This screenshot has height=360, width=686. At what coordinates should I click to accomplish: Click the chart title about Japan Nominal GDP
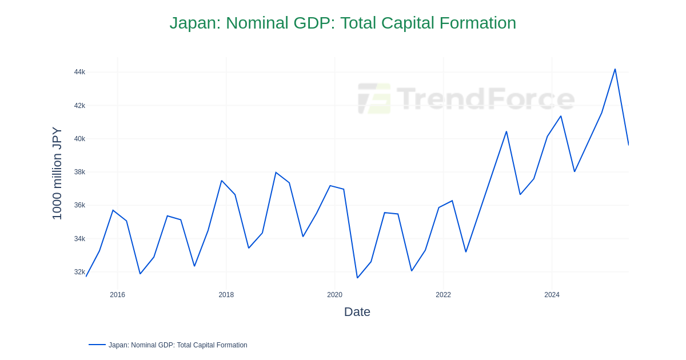pos(342,23)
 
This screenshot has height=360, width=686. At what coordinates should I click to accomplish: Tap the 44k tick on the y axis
pos(79,72)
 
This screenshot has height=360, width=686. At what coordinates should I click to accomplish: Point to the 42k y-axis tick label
pos(79,106)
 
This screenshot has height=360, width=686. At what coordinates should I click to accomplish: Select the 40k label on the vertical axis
pos(79,139)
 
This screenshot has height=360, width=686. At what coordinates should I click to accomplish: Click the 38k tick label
pos(79,172)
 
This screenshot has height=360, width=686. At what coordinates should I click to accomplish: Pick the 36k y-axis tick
pos(79,205)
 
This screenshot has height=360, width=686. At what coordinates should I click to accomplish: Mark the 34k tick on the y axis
pos(79,239)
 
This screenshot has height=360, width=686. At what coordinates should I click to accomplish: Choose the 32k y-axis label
pos(79,272)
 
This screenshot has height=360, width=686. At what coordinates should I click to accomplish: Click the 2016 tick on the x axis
pos(118,295)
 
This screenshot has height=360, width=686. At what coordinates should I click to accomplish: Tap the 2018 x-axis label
pos(226,295)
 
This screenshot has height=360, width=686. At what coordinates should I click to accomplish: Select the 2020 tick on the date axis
pos(335,295)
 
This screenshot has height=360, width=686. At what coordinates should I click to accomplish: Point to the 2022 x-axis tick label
pos(444,295)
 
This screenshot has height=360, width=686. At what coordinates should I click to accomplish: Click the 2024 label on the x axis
pos(552,295)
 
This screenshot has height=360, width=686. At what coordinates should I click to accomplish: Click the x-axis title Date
pos(357,312)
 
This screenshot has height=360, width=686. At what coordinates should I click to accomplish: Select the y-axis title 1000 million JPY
pos(57,173)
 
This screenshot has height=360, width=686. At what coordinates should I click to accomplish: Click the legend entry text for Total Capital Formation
pos(178,345)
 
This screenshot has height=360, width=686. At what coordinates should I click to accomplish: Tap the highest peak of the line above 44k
pos(615,69)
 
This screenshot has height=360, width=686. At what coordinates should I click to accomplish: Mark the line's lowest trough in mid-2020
pos(357,278)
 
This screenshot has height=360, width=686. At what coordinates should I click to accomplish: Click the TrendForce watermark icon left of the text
pos(374,98)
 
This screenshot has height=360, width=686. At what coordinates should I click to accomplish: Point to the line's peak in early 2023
pos(506,131)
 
